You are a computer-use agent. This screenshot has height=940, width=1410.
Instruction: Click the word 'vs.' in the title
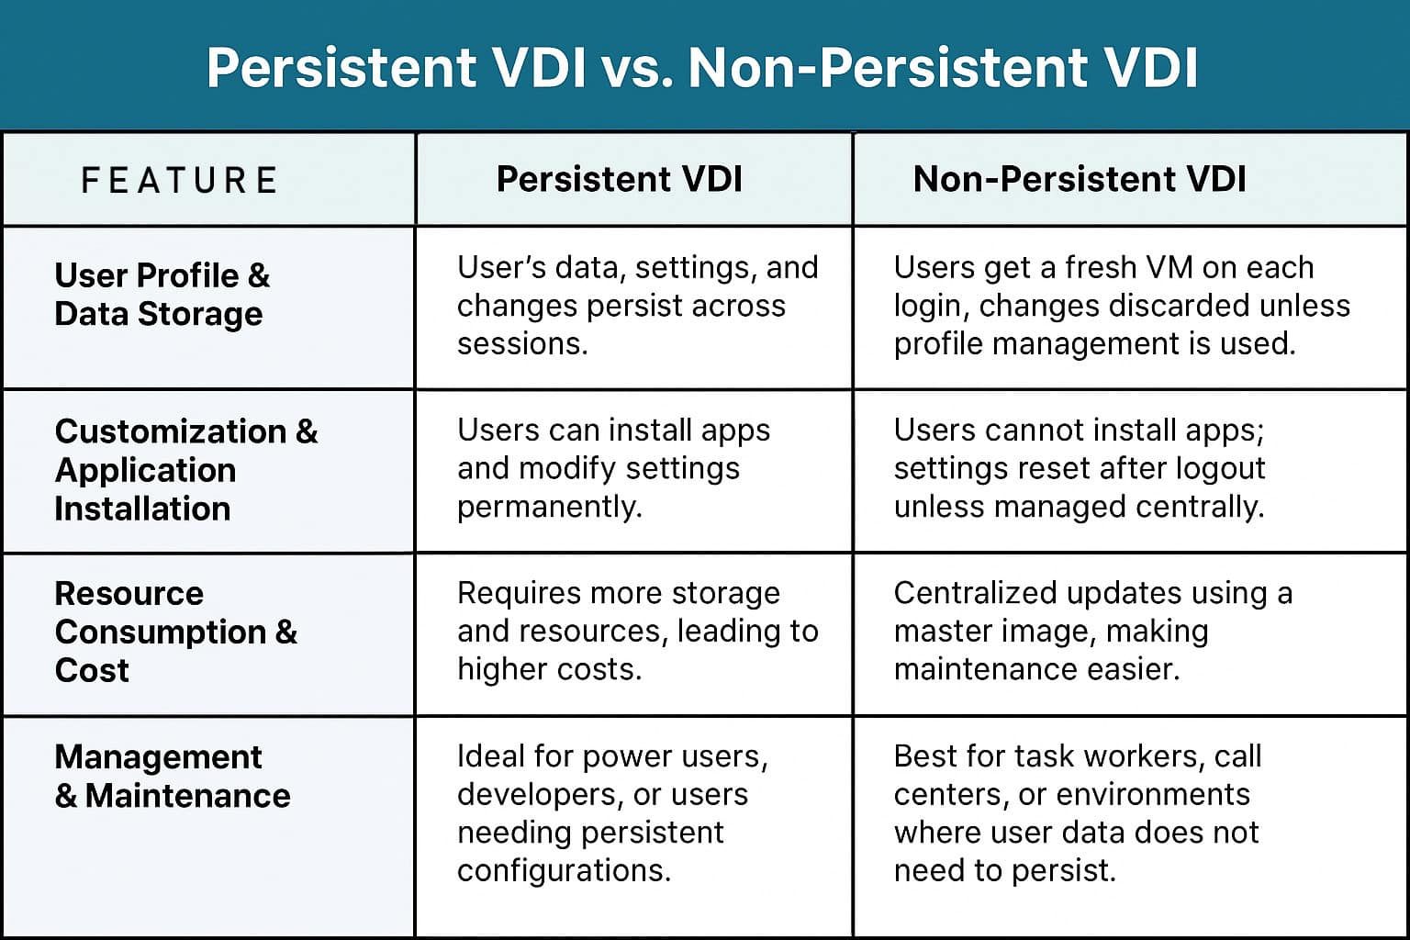click(x=635, y=68)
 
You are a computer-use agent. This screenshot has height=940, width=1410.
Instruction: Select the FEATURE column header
click(x=179, y=180)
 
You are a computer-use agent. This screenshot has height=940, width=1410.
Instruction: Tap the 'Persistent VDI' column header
click(x=620, y=179)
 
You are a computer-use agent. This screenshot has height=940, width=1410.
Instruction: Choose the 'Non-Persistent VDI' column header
click(x=1080, y=179)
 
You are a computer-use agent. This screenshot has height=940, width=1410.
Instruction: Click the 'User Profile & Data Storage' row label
click(x=162, y=295)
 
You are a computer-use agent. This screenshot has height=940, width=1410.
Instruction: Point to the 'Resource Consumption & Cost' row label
click(x=175, y=632)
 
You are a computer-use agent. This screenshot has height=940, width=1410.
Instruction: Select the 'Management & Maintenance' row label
click(x=172, y=776)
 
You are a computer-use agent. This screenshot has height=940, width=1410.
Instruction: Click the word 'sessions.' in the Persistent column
click(x=521, y=343)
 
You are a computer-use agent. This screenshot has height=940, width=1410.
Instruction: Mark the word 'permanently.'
click(x=549, y=507)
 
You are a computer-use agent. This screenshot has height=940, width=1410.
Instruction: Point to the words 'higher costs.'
click(x=549, y=669)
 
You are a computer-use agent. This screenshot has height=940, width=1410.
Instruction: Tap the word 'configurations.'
click(x=564, y=870)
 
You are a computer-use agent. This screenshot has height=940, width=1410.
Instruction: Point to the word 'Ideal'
click(x=491, y=756)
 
